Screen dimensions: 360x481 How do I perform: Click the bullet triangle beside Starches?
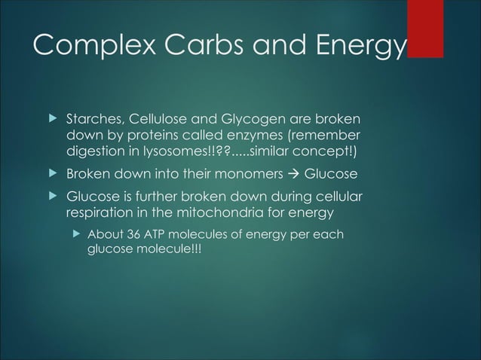click(x=52, y=121)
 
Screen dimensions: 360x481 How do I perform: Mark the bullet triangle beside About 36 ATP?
click(x=75, y=235)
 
